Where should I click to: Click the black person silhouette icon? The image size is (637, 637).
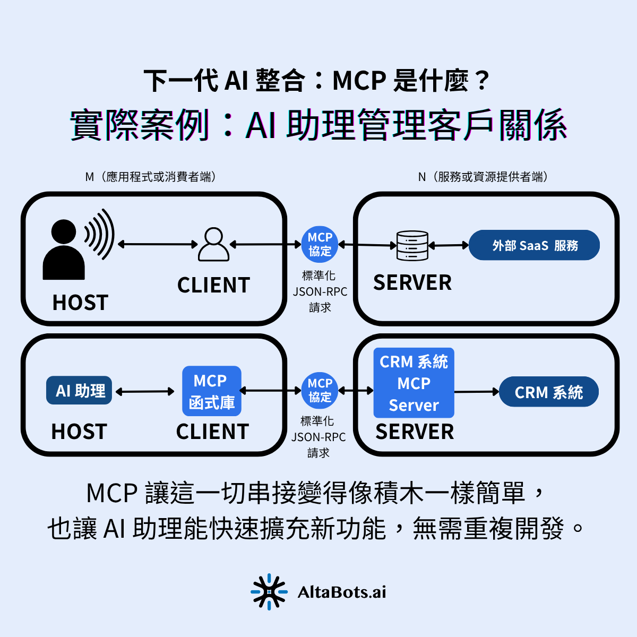(64, 251)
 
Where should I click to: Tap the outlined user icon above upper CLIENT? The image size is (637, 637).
(213, 245)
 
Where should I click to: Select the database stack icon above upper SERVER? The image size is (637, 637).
(412, 245)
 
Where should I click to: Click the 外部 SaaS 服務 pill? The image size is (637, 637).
(534, 245)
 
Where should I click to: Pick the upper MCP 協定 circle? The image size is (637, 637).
(320, 245)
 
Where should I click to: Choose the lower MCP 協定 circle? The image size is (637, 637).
(320, 391)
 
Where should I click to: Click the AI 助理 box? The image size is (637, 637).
(79, 391)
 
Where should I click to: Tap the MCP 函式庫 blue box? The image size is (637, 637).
(211, 391)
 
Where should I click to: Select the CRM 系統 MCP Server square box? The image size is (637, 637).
(414, 383)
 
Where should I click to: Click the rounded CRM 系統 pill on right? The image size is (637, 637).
(548, 392)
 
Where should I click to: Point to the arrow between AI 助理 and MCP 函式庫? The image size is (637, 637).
(145, 392)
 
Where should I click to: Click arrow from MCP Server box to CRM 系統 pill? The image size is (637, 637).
(476, 392)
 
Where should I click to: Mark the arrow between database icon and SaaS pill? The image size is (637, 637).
(449, 245)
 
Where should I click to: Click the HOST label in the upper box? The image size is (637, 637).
(80, 303)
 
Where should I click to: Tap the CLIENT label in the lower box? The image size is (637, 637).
(212, 432)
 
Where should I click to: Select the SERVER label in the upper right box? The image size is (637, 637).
(412, 283)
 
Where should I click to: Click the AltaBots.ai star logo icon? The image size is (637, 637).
(269, 591)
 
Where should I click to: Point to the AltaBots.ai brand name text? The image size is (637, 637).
(342, 592)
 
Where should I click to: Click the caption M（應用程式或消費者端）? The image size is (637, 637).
(151, 177)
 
